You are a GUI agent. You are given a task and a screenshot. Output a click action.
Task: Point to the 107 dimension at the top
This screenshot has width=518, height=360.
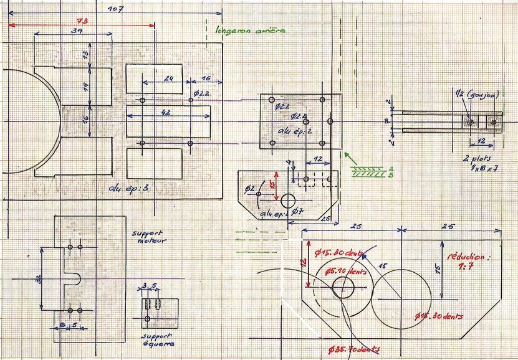click(115, 9)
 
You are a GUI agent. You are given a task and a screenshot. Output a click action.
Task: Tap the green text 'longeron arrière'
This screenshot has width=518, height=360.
click(249, 30)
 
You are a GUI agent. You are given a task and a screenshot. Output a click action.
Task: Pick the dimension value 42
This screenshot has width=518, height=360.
click(166, 113)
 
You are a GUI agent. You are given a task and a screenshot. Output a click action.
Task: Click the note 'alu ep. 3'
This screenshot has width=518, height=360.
click(127, 187)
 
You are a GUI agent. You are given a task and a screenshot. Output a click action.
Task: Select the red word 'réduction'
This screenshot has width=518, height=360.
click(464, 256)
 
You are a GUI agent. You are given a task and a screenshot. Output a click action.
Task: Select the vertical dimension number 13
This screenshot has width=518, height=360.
click(86, 55)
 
